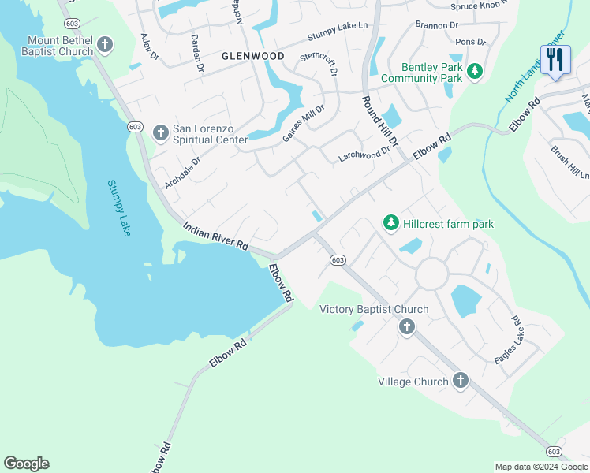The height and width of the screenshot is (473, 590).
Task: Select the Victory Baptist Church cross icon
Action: (x=406, y=326)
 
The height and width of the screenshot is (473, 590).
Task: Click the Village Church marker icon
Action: (x=461, y=382)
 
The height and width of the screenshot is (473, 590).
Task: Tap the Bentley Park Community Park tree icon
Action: (x=474, y=73)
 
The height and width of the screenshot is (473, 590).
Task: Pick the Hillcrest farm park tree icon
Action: (x=390, y=224)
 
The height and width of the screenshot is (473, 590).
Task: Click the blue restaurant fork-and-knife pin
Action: (x=555, y=60)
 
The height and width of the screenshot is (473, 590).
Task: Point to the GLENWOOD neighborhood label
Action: (x=253, y=56)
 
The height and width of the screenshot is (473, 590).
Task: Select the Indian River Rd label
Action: (x=215, y=236)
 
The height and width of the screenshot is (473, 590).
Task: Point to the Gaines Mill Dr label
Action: (x=304, y=125)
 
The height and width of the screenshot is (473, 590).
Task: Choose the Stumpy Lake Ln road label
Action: (x=338, y=32)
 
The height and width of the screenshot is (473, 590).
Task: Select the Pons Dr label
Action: (x=471, y=41)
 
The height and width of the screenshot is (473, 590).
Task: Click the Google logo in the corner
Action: (x=26, y=464)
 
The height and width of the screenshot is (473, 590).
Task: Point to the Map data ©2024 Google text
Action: (x=540, y=467)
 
